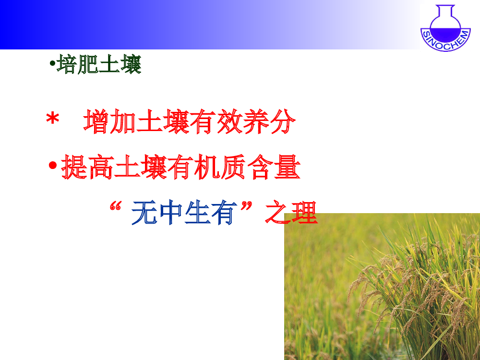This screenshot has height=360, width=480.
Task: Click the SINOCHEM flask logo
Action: pyautogui.click(x=445, y=28)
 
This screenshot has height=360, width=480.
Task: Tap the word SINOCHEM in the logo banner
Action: pyautogui.click(x=445, y=42)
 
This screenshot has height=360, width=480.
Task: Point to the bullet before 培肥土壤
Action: pyautogui.click(x=52, y=64)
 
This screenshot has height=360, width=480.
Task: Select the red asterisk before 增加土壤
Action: pyautogui.click(x=53, y=119)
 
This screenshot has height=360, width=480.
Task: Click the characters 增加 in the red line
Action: pyautogui.click(x=109, y=121)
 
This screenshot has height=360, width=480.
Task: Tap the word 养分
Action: pyautogui.click(x=269, y=121)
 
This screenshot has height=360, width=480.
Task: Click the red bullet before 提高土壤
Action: pyautogui.click(x=53, y=165)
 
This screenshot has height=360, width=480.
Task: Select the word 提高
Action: pyautogui.click(x=87, y=167)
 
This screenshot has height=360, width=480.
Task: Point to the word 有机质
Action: pyautogui.click(x=207, y=167)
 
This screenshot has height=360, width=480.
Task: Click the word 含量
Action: pyautogui.click(x=274, y=167)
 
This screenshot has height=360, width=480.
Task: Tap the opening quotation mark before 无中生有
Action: pyautogui.click(x=115, y=206)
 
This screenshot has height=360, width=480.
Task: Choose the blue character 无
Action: pyautogui.click(x=144, y=213)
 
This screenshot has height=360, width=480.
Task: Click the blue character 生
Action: pyautogui.click(x=197, y=213)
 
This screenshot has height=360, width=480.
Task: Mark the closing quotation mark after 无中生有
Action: pyautogui.click(x=246, y=206)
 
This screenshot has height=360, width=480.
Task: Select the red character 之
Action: pyautogui.click(x=277, y=212)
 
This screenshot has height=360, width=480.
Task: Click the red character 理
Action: pyautogui.click(x=304, y=212)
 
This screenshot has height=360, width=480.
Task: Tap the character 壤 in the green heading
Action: pyautogui.click(x=131, y=64)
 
